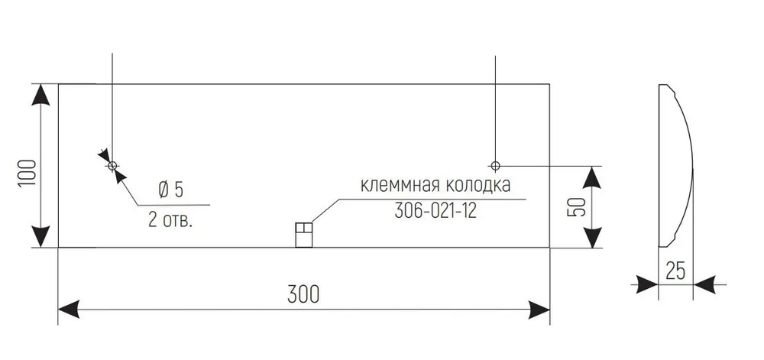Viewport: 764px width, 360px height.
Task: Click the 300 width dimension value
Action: tap(303, 294)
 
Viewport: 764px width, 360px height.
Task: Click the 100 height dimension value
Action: tap(28, 173)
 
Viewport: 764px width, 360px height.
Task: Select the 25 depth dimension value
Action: tap(676, 271)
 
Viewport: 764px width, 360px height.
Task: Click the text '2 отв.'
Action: tap(170, 221)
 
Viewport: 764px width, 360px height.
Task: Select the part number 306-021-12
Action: tap(435, 212)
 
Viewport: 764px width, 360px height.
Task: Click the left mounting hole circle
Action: tap(112, 166)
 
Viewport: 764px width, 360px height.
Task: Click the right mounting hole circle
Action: tap(495, 166)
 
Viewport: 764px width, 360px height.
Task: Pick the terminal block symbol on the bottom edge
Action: tap(303, 235)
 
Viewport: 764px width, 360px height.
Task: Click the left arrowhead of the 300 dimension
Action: tap(69, 310)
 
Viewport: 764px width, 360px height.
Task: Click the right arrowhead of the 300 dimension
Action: tap(539, 310)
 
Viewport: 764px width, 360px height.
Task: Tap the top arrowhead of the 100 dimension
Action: tap(40, 94)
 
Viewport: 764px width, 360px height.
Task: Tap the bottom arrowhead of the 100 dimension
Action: tap(40, 237)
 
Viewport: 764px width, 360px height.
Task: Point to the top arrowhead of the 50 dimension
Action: tap(591, 177)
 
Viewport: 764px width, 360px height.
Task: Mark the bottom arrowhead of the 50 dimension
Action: tap(591, 237)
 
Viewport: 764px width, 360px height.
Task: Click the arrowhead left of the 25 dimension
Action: tap(648, 284)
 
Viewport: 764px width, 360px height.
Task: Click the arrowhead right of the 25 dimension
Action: tap(704, 284)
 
